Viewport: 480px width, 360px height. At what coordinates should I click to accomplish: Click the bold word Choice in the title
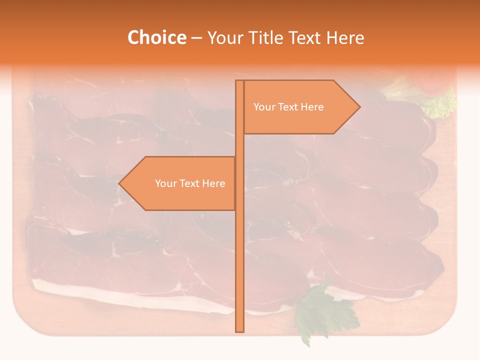pos(156,37)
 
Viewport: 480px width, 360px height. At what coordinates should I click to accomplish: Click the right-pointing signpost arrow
pos(300,107)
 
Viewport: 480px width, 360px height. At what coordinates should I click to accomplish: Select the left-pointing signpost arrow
pos(177,183)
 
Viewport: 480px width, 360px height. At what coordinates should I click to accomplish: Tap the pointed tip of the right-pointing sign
pos(358,106)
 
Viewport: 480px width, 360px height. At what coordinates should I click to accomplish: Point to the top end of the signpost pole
pos(239,81)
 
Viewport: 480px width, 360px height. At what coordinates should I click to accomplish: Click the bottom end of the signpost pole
pos(239,330)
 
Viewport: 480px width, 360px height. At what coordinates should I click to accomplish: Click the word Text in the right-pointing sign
pos(288,107)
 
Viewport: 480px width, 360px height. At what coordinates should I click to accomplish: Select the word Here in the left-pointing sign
pos(213,183)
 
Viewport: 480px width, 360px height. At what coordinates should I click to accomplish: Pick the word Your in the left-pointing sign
pos(165,183)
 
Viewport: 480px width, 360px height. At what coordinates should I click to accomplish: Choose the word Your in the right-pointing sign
pos(263,107)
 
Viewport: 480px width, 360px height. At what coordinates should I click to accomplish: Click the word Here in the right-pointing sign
pos(312,107)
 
